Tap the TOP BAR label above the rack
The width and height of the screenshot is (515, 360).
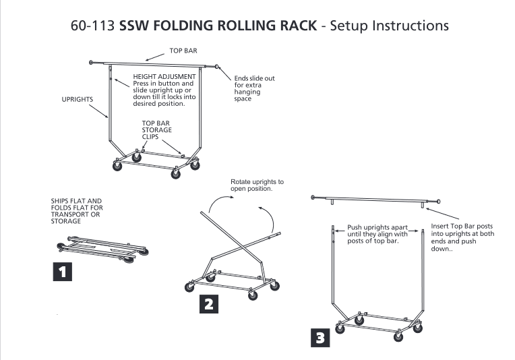pos(174,51)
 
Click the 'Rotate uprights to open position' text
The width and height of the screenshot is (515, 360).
pos(257,185)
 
